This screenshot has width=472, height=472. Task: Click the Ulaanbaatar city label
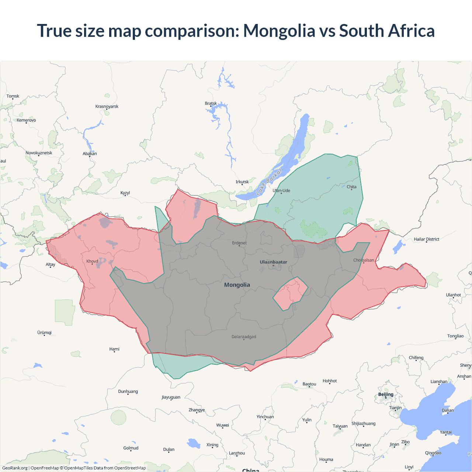coord(273,262)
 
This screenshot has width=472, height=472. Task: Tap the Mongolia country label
coord(237,285)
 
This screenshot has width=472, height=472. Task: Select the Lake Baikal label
coord(269,181)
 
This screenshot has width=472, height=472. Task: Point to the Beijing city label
coord(386,394)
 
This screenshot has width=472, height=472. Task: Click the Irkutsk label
coord(242,182)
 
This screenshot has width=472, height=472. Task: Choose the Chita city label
coord(351,187)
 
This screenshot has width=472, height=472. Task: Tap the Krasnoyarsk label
coord(107,106)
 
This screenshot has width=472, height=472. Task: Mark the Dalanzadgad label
coord(244,337)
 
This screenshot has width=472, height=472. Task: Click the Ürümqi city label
coord(44,333)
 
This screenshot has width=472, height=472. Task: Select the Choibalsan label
coord(364,260)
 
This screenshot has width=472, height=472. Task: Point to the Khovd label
coord(92,261)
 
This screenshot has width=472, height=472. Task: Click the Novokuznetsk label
coord(39,153)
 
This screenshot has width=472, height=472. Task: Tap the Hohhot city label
coord(330,381)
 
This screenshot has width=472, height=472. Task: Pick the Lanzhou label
coord(237,453)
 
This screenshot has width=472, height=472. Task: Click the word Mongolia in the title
coord(279,31)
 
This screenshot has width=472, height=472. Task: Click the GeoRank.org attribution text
coord(15,468)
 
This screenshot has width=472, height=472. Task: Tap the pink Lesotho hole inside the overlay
coord(290,294)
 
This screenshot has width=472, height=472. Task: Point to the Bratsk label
coord(211,103)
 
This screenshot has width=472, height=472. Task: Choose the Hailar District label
coord(426,239)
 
